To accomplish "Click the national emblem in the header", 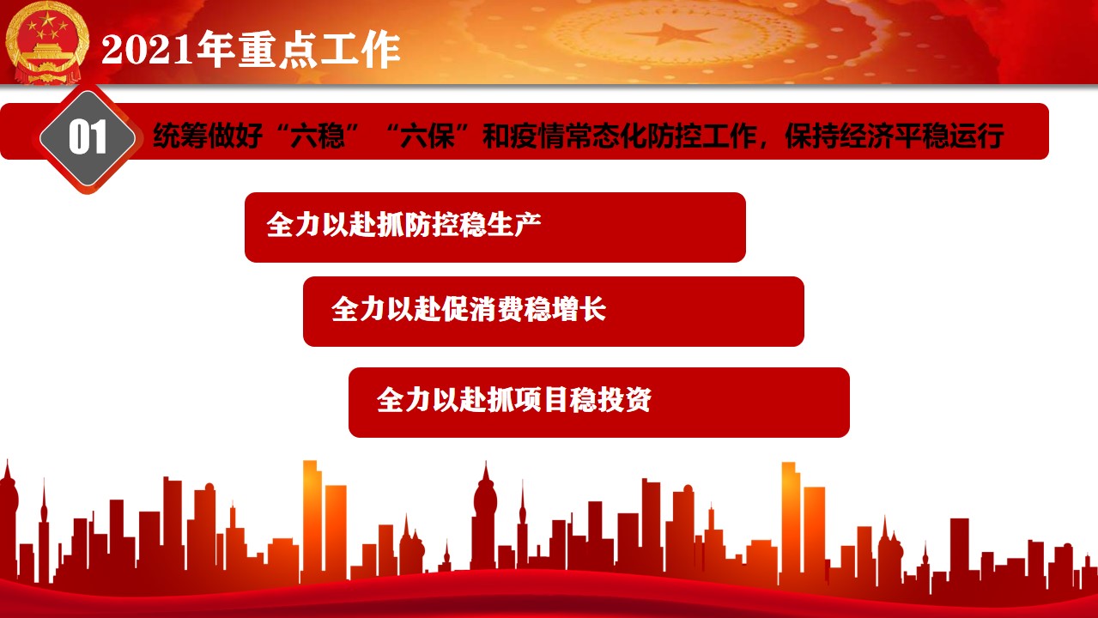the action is coord(47,43).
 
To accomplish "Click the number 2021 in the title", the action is coord(147,50).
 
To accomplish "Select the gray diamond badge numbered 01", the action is coord(88,138).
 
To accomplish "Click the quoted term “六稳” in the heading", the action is coord(318,136).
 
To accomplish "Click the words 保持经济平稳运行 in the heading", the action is coord(895,136).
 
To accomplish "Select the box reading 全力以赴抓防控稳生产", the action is coord(495,227).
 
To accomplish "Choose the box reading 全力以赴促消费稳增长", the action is coord(554,312).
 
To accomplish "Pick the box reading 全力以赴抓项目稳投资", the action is coord(599,403).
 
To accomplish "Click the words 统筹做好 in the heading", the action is coord(208,136).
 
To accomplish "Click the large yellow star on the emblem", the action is coord(47,19).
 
